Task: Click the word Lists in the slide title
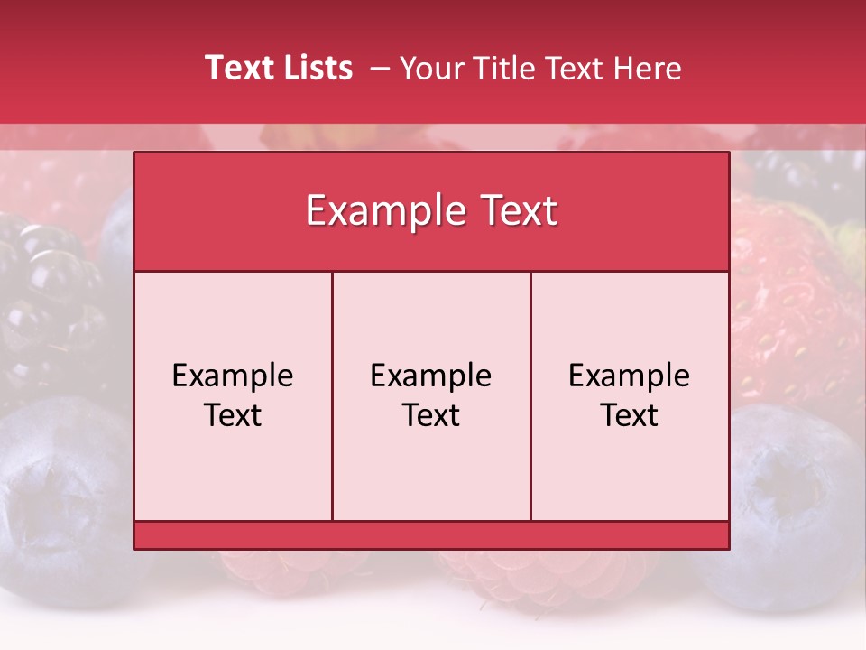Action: (315, 68)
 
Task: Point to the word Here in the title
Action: (647, 69)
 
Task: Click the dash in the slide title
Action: (380, 69)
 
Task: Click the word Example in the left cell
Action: (233, 376)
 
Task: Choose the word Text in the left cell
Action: (233, 415)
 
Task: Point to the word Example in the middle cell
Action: (431, 376)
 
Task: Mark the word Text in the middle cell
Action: (431, 415)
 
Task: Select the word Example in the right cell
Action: (630, 376)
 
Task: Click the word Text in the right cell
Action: (630, 415)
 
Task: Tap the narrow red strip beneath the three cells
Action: (431, 534)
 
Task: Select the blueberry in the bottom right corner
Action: (794, 506)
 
